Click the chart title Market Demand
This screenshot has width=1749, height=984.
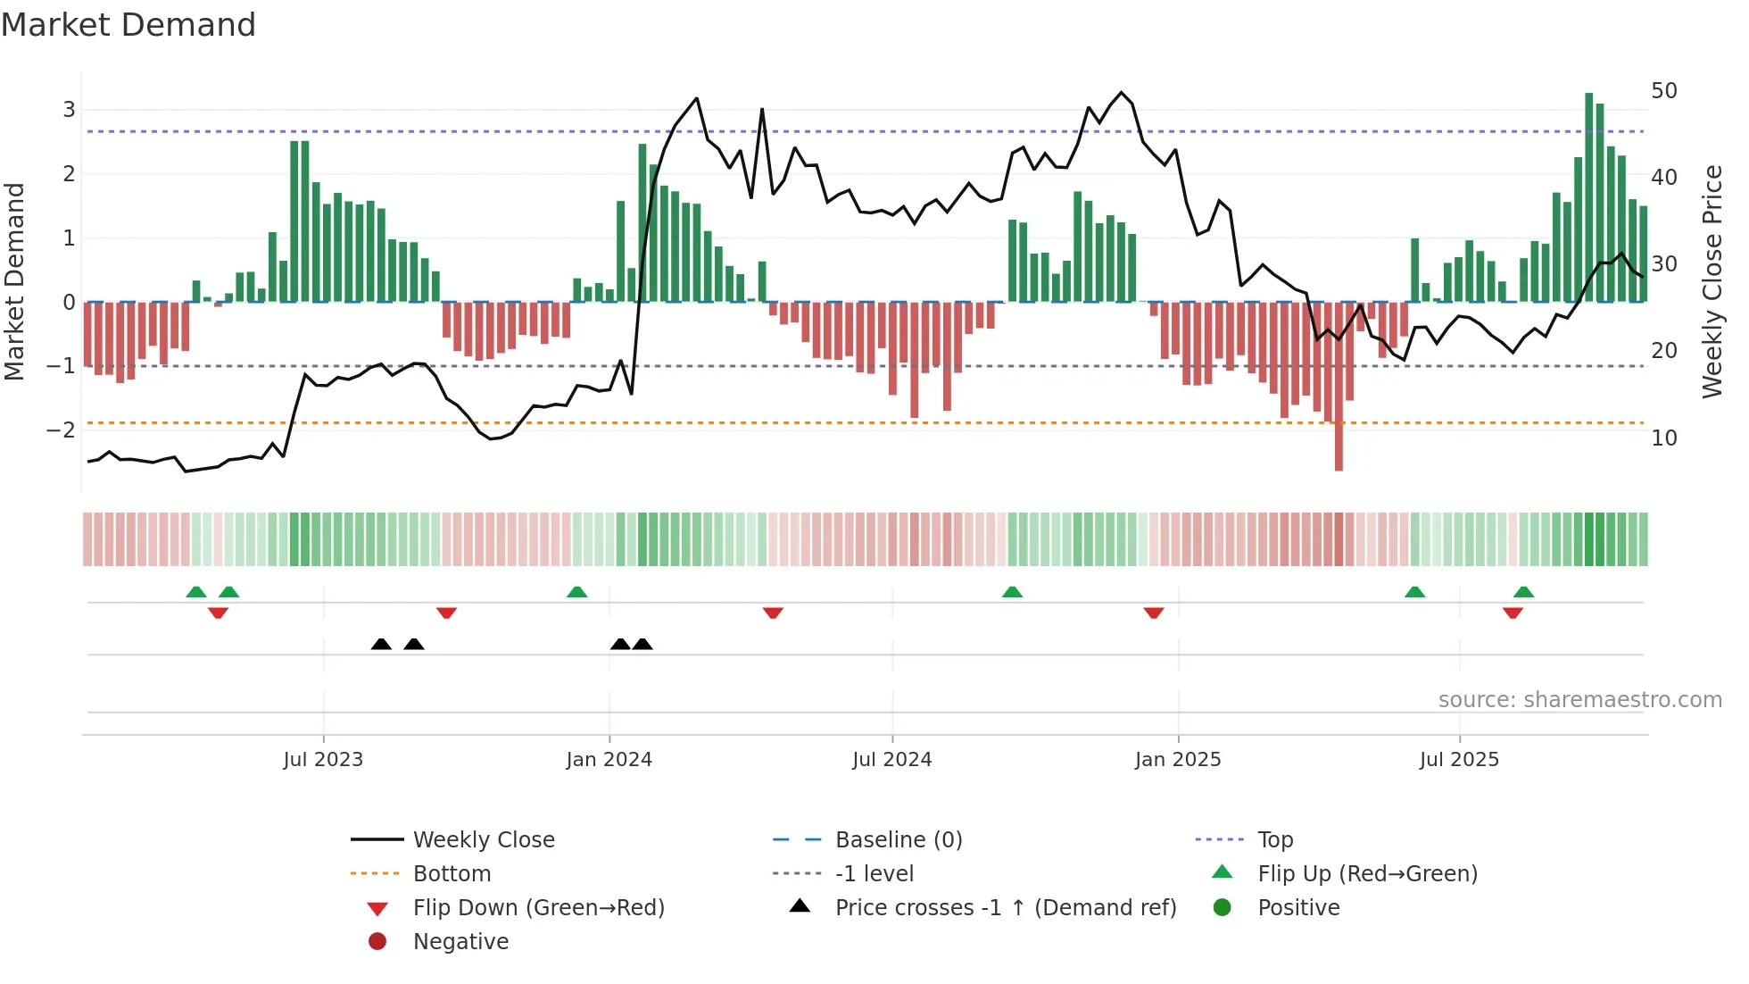[128, 25]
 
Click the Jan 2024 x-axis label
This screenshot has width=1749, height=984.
[609, 760]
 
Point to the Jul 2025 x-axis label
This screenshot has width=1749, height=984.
[1459, 760]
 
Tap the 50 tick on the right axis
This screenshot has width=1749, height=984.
[1663, 91]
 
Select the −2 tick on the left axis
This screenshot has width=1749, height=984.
[62, 429]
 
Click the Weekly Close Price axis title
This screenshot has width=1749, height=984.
[1712, 281]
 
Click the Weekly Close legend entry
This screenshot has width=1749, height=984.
[483, 840]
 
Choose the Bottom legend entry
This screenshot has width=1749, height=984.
[452, 874]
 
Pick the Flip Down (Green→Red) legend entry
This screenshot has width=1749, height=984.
[538, 908]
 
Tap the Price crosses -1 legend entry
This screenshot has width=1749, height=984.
[1005, 908]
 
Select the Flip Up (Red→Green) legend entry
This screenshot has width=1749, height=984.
[1367, 874]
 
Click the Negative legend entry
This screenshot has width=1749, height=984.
[460, 942]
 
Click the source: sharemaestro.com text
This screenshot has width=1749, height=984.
[1579, 700]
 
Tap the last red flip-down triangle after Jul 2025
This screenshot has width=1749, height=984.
[1513, 613]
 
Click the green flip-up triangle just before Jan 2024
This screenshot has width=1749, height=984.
[577, 592]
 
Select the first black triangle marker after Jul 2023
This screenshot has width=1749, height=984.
[381, 644]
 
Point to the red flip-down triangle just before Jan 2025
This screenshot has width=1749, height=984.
[1154, 613]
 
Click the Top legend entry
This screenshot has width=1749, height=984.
[1274, 840]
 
